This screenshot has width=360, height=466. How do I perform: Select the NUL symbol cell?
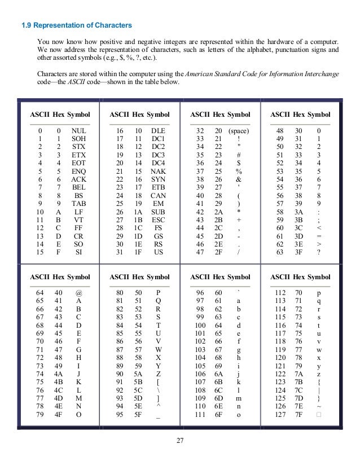[x=78, y=130]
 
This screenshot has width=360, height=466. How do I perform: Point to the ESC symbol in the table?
[x=159, y=219]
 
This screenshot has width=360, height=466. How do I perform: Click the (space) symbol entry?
[x=239, y=130]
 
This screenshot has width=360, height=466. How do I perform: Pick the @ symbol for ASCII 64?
[x=78, y=293]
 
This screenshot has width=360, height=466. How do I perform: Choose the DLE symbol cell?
[x=159, y=130]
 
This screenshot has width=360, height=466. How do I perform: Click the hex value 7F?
[x=298, y=414]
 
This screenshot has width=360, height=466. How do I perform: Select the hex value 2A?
[x=218, y=211]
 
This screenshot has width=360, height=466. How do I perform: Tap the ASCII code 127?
[x=280, y=414]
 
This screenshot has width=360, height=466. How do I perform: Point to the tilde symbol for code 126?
[x=319, y=406]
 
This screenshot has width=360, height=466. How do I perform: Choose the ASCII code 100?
[x=200, y=326]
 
